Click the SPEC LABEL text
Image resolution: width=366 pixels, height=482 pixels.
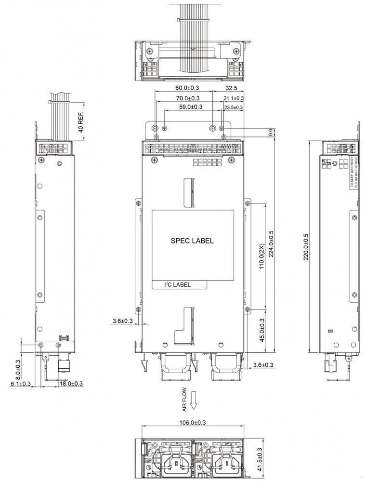(192, 241)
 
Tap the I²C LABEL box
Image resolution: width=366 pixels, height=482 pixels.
(180, 285)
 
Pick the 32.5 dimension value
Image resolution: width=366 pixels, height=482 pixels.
(231, 88)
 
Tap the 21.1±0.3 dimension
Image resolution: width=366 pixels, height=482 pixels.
(234, 98)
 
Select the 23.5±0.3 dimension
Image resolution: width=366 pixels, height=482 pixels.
(234, 107)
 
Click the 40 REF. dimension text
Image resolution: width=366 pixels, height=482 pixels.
(81, 121)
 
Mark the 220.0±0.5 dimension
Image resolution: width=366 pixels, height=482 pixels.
(306, 247)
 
